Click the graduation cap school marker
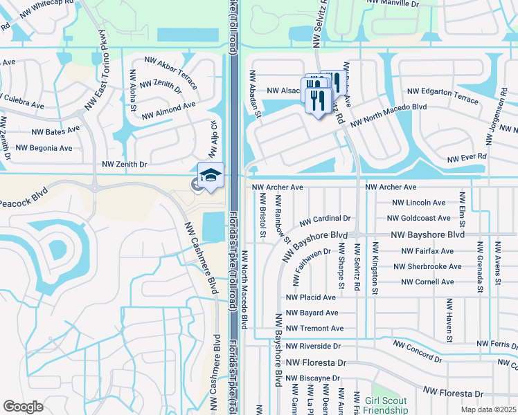tap(211, 174)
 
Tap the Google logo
tap(23, 407)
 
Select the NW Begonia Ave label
tap(44, 148)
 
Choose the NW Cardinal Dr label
tap(325, 221)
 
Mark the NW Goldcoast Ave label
tap(419, 219)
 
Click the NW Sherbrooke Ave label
tap(427, 266)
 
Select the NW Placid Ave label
tap(311, 297)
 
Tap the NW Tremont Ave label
tap(314, 329)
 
